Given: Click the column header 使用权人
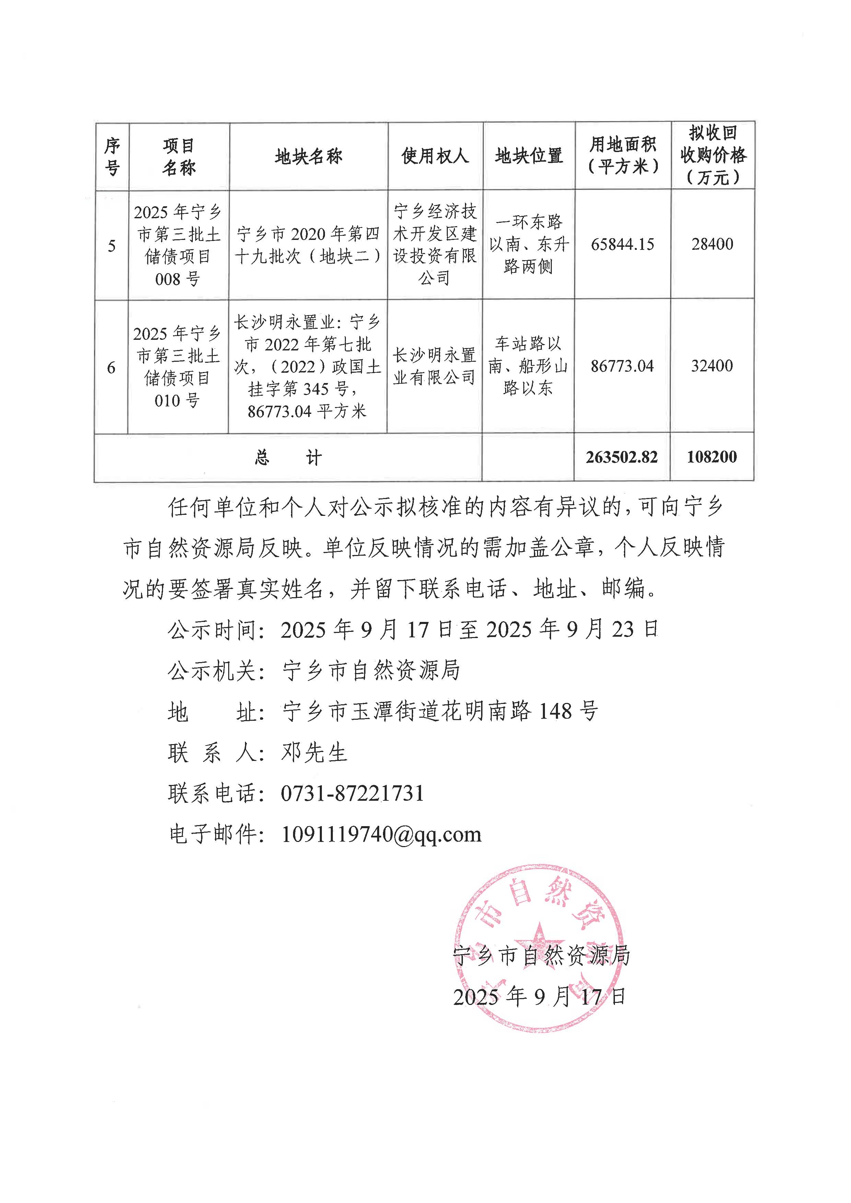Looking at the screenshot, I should (435, 156).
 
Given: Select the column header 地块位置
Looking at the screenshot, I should (529, 156).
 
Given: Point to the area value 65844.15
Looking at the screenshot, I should (622, 244).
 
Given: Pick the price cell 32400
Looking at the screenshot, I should (712, 366).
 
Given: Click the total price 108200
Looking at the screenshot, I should (712, 457).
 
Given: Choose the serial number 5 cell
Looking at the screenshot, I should (112, 246).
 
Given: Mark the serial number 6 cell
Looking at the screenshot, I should (111, 368).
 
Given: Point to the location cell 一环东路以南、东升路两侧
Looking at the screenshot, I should (529, 244).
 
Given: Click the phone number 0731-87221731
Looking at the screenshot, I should (352, 793).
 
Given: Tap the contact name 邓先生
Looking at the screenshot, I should (314, 753).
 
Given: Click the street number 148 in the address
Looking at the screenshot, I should (555, 711).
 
